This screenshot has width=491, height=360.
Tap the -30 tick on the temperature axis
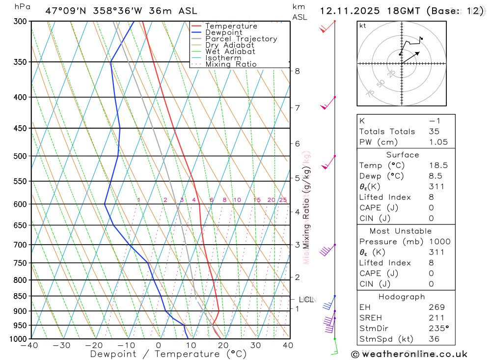click(61, 345)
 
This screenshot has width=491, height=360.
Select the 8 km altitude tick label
click(297, 71)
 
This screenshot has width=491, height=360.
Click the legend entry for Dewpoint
click(223, 32)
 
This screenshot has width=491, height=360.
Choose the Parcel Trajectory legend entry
click(241, 39)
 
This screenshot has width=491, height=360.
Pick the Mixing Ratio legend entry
click(231, 64)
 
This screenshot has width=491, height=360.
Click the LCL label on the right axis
click(306, 299)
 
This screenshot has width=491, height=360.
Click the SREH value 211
click(436, 318)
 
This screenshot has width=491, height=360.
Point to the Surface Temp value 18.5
click(438, 166)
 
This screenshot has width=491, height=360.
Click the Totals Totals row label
click(387, 131)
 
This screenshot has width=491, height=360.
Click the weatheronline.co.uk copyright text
click(409, 354)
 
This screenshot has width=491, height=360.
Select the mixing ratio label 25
click(283, 200)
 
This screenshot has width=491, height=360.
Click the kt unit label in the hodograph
click(363, 26)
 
